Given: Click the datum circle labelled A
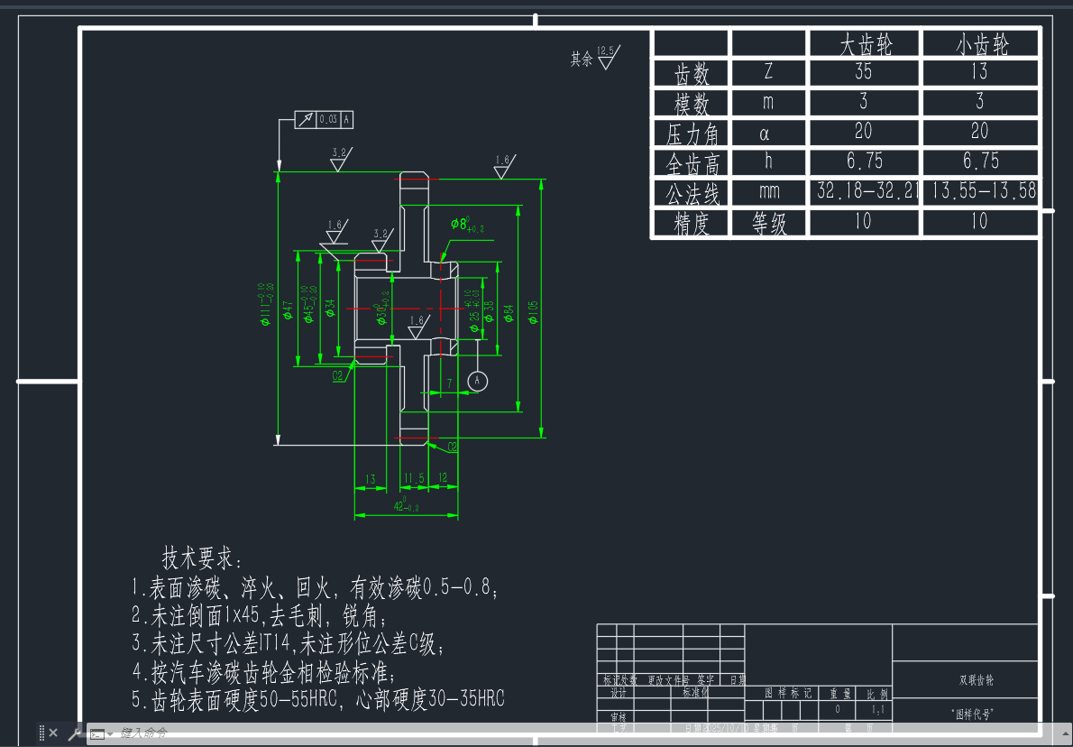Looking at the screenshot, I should point(477,381).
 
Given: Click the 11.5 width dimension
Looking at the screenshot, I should point(414,478).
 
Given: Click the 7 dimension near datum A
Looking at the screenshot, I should point(449,383).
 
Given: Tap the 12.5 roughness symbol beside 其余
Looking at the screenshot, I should point(606,58).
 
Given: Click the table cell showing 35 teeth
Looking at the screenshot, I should point(863,71).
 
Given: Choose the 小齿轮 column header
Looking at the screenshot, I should point(980,44).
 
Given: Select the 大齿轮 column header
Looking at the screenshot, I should point(865,44).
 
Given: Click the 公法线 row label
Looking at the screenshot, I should point(691,193).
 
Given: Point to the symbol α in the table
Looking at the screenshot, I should point(768,133).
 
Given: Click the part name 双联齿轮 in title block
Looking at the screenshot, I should point(964,680).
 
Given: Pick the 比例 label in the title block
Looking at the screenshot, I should point(876,694).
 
